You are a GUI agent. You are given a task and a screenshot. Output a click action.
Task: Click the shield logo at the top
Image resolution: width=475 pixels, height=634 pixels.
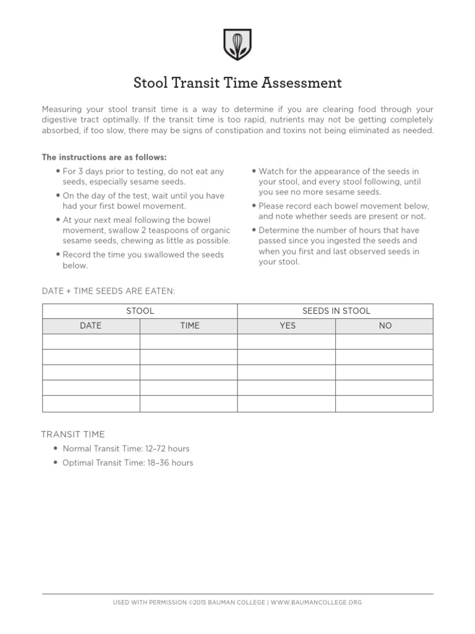click(x=237, y=44)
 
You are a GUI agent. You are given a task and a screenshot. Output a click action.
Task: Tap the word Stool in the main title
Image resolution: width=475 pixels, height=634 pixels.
click(x=150, y=82)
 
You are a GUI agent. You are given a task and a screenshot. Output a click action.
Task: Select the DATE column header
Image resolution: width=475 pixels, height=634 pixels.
click(x=91, y=326)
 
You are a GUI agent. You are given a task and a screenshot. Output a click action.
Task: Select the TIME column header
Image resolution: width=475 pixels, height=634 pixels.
click(x=189, y=326)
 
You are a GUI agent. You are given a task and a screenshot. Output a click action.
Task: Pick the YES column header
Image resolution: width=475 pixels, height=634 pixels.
click(x=287, y=326)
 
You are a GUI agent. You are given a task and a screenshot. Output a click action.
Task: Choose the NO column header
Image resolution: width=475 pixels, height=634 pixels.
click(x=385, y=326)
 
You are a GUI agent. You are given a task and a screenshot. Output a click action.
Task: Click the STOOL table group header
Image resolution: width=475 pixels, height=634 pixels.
click(x=140, y=311)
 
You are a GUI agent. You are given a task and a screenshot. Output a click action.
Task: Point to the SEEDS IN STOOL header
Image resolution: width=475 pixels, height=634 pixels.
click(x=335, y=311)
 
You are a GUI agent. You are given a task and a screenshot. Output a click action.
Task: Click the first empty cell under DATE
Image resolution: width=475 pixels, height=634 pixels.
click(x=91, y=342)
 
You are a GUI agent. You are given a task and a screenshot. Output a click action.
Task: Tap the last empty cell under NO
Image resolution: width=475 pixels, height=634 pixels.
click(x=385, y=404)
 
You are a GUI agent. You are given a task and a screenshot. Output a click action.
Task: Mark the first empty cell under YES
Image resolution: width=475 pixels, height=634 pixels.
click(x=287, y=342)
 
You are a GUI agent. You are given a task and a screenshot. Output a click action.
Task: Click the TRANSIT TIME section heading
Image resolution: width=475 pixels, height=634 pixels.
click(x=73, y=435)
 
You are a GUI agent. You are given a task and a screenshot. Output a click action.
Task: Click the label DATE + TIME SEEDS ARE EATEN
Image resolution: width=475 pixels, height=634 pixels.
click(x=108, y=290)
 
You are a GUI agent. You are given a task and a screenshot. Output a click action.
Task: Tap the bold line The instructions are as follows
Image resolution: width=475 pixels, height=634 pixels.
click(x=104, y=157)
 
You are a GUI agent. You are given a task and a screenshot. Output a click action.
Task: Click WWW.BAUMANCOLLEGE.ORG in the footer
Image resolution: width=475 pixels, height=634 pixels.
click(x=316, y=602)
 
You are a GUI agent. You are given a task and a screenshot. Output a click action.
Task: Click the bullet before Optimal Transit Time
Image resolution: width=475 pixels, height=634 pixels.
click(x=56, y=462)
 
